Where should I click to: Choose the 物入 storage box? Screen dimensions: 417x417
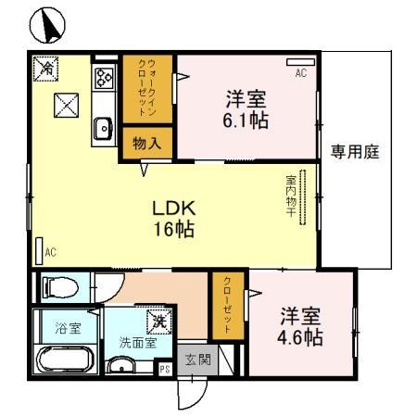pyautogui.click(x=146, y=144)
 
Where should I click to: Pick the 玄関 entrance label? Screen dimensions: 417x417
pyautogui.click(x=196, y=360)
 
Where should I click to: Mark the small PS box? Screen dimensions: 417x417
pyautogui.click(x=164, y=369)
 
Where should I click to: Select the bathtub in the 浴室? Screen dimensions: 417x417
pyautogui.click(x=62, y=360)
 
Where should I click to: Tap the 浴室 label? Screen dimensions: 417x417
pyautogui.click(x=68, y=328)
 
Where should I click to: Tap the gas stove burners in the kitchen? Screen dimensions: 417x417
pyautogui.click(x=102, y=78)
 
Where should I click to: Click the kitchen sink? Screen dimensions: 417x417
pyautogui.click(x=101, y=129)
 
